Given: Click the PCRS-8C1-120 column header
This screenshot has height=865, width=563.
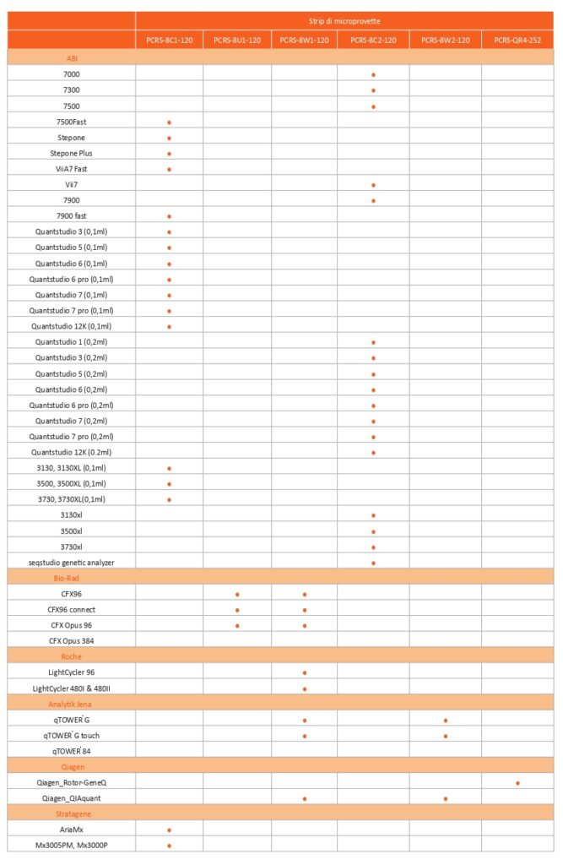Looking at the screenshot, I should point(169,40).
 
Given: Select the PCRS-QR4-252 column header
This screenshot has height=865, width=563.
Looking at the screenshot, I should point(517,40).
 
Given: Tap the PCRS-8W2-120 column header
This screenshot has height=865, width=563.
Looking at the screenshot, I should point(445,40).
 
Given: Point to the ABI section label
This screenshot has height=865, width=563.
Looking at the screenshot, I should point(72,58).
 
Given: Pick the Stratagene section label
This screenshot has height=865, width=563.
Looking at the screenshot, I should point(72,813).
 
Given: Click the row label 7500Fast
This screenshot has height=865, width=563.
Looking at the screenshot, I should point(72,122).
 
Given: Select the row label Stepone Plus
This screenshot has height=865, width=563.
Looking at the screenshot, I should point(72,153).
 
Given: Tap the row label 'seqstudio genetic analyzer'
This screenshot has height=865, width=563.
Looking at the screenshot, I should point(72,562).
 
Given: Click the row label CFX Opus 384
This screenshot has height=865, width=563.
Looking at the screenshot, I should point(72,640).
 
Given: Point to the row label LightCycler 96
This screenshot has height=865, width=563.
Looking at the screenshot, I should point(72,672).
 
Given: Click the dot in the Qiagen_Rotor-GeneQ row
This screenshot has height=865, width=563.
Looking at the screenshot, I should point(517,783).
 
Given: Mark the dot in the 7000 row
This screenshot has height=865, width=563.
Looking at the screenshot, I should point(373,74).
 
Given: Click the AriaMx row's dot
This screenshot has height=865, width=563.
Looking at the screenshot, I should point(169,830).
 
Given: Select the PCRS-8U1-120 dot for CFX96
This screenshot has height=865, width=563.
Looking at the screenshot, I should point(237,594).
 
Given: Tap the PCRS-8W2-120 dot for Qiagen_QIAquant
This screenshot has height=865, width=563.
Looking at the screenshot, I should point(445,798).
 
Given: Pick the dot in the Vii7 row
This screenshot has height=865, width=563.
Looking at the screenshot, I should point(373,184).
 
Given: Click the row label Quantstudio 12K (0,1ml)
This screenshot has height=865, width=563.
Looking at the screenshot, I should point(72,326).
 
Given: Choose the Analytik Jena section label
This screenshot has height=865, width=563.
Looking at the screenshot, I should point(72,703).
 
